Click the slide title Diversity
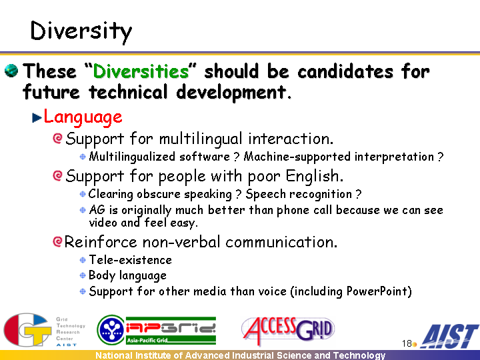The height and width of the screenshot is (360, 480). click(x=81, y=32)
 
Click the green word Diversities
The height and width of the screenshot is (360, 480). click(x=141, y=71)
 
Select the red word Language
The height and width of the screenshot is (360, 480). click(x=83, y=117)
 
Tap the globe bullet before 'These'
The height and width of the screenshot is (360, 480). click(x=11, y=71)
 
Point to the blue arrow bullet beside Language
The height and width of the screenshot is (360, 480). click(x=37, y=118)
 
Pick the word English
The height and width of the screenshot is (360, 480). click(x=315, y=176)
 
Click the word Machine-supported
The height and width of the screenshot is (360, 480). click(x=297, y=157)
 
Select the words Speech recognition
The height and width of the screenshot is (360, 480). click(x=299, y=194)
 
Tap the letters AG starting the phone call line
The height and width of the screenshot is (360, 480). click(x=97, y=210)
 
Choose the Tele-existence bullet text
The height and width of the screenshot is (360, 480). click(x=131, y=260)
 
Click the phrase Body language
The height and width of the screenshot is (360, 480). click(x=127, y=275)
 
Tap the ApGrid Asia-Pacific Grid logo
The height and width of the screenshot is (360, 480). click(x=157, y=330)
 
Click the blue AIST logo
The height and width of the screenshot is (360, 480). click(x=449, y=337)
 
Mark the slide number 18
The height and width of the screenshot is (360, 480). click(x=407, y=343)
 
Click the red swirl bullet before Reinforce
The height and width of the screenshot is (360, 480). click(x=57, y=241)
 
